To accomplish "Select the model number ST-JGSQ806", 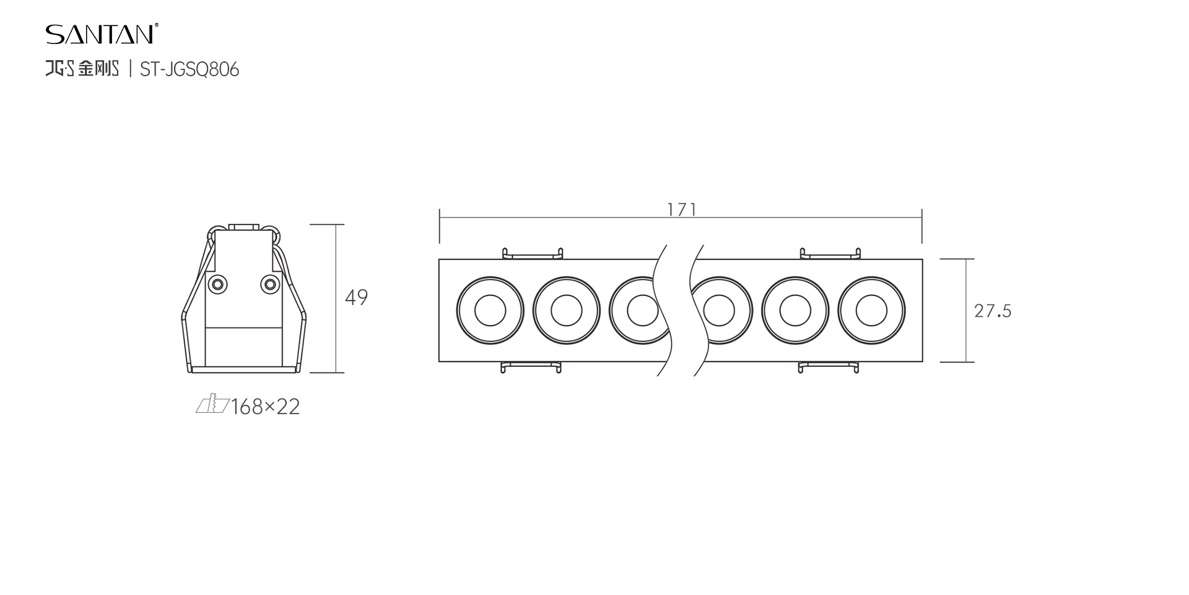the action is (189, 69).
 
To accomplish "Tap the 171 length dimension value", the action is (682, 210).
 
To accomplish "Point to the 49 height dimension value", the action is (356, 297).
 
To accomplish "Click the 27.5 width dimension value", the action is (993, 311).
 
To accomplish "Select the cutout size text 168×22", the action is (265, 407).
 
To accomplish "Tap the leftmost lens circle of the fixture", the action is (490, 311).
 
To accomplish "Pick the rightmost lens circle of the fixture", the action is (871, 311).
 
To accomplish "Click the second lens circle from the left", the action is (567, 311).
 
